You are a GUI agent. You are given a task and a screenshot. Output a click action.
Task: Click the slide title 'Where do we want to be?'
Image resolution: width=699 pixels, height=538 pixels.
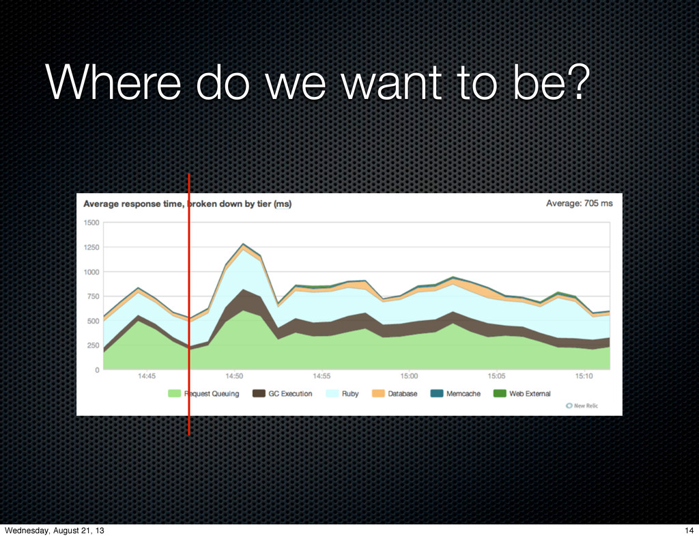pyautogui.click(x=317, y=83)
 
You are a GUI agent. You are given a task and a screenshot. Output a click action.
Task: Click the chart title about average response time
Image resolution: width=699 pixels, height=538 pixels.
pyautogui.click(x=187, y=203)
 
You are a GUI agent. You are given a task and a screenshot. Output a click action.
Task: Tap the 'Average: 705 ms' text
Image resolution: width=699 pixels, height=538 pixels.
pyautogui.click(x=579, y=203)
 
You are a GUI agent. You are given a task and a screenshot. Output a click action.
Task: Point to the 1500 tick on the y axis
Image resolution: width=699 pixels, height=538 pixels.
pyautogui.click(x=91, y=223)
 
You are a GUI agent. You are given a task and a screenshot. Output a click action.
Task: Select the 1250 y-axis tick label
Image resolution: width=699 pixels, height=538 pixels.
pyautogui.click(x=91, y=247)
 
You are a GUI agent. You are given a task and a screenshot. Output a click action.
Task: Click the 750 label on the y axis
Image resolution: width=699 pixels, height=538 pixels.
pyautogui.click(x=93, y=296)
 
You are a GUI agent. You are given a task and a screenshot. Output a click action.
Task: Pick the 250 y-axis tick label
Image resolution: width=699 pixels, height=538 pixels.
pyautogui.click(x=93, y=345)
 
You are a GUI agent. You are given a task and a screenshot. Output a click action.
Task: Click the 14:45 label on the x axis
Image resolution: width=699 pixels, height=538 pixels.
pyautogui.click(x=147, y=376)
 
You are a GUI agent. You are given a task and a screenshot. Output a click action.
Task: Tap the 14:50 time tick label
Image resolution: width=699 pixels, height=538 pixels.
pyautogui.click(x=234, y=376)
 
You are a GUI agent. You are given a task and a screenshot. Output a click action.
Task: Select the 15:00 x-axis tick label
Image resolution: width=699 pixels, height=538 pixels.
pyautogui.click(x=409, y=376)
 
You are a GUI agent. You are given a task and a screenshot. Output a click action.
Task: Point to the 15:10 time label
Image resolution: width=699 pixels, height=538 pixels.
pyautogui.click(x=584, y=376)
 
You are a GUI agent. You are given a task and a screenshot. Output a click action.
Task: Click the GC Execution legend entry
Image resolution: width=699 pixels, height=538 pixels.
pyautogui.click(x=282, y=393)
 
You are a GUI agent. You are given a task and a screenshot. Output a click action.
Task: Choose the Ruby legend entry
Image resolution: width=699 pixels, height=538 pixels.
pyautogui.click(x=343, y=393)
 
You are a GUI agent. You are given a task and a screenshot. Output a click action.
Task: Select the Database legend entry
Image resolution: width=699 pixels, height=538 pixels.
pyautogui.click(x=395, y=393)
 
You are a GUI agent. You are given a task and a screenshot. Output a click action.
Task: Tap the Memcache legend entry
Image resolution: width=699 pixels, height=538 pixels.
pyautogui.click(x=455, y=393)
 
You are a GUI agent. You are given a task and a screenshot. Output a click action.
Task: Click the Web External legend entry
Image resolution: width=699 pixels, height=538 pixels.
pyautogui.click(x=522, y=393)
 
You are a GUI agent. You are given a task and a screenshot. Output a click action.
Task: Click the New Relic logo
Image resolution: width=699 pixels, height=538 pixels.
pyautogui.click(x=582, y=406)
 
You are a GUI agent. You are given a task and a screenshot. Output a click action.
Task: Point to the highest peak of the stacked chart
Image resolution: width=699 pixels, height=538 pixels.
pyautogui.click(x=243, y=244)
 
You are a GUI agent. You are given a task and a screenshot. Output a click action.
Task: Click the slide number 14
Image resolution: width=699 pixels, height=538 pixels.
pyautogui.click(x=689, y=530)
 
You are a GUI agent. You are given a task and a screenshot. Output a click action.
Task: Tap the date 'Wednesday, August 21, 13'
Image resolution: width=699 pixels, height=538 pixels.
pyautogui.click(x=55, y=530)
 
